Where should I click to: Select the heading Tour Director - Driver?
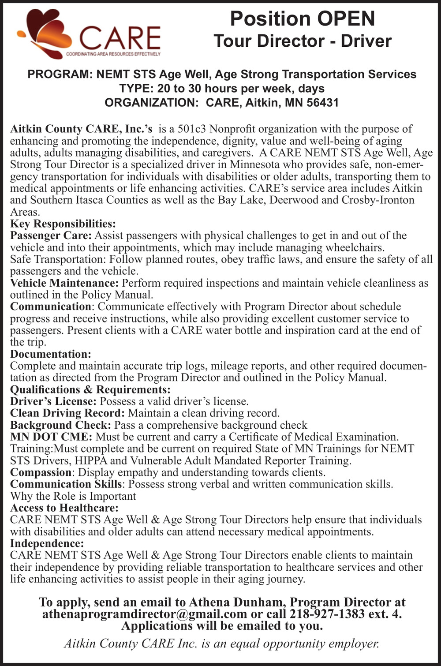click(x=303, y=41)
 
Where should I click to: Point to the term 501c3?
click(x=192, y=129)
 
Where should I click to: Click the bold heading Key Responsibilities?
click(x=63, y=224)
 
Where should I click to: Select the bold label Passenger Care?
click(x=51, y=236)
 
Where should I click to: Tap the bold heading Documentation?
click(x=51, y=354)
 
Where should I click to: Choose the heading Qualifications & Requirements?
click(x=90, y=389)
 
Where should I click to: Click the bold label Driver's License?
click(x=53, y=401)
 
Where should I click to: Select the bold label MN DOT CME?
click(x=51, y=437)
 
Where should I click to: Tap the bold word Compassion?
click(x=40, y=472)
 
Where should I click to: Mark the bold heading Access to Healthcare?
click(x=64, y=508)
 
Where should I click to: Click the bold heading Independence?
click(x=47, y=543)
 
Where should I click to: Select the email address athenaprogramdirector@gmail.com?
click(x=145, y=614)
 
